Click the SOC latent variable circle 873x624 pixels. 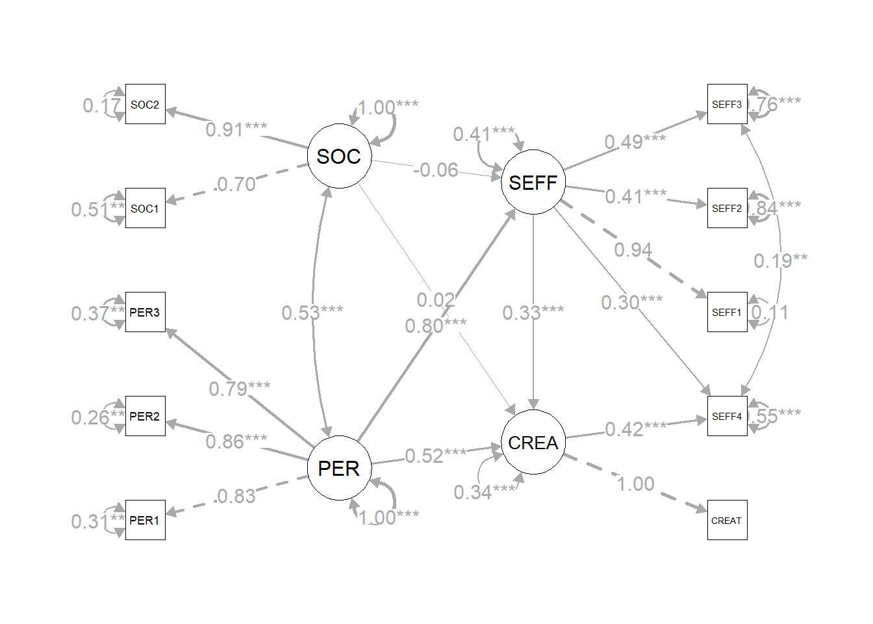click(x=339, y=156)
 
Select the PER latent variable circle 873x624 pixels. click(x=339, y=468)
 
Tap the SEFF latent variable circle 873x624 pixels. click(x=533, y=182)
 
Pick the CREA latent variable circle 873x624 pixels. click(x=533, y=442)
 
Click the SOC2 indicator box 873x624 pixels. click(x=145, y=104)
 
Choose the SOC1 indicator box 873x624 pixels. click(x=145, y=208)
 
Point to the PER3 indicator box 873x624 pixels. click(x=145, y=312)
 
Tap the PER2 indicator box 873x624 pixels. click(x=145, y=416)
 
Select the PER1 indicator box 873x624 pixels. click(x=145, y=520)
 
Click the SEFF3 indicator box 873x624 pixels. click(x=727, y=104)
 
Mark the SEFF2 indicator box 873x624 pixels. click(x=727, y=208)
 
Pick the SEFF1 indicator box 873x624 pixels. click(x=727, y=312)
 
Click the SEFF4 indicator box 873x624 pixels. click(x=727, y=416)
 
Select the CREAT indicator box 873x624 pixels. click(x=727, y=520)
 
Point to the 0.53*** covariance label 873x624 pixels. click(x=312, y=313)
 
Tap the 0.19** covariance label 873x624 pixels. click(x=780, y=261)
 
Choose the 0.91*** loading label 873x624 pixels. click(x=236, y=129)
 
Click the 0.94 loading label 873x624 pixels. click(x=633, y=250)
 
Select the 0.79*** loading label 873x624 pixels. click(x=239, y=389)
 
